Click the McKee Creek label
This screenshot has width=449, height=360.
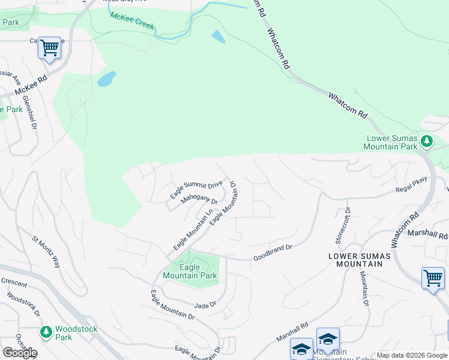[131, 23]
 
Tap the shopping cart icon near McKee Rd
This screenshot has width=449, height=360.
[50, 47]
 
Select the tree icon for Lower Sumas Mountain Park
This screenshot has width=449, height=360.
[426, 142]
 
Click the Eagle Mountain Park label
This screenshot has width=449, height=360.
[190, 272]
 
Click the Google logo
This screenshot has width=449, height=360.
[20, 352]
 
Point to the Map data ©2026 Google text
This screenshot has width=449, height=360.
[412, 355]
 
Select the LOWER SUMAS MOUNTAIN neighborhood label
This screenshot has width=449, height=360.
[359, 260]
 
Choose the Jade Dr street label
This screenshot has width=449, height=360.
[205, 305]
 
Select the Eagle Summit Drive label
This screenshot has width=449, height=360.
[196, 189]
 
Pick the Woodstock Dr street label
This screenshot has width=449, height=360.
[23, 304]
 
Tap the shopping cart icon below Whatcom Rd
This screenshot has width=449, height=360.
[433, 278]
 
